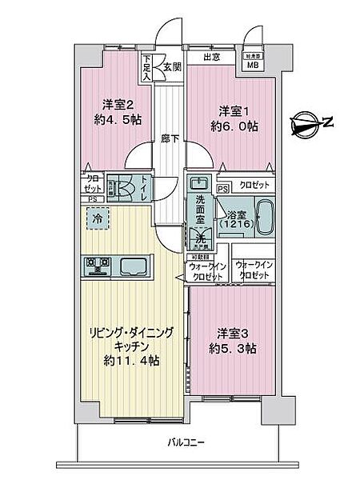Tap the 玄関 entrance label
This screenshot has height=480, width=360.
click(x=172, y=66)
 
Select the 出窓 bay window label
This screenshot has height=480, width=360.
click(x=211, y=57)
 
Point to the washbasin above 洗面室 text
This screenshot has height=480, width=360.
click(x=198, y=183)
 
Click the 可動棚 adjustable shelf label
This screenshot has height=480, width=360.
click(x=199, y=257)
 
